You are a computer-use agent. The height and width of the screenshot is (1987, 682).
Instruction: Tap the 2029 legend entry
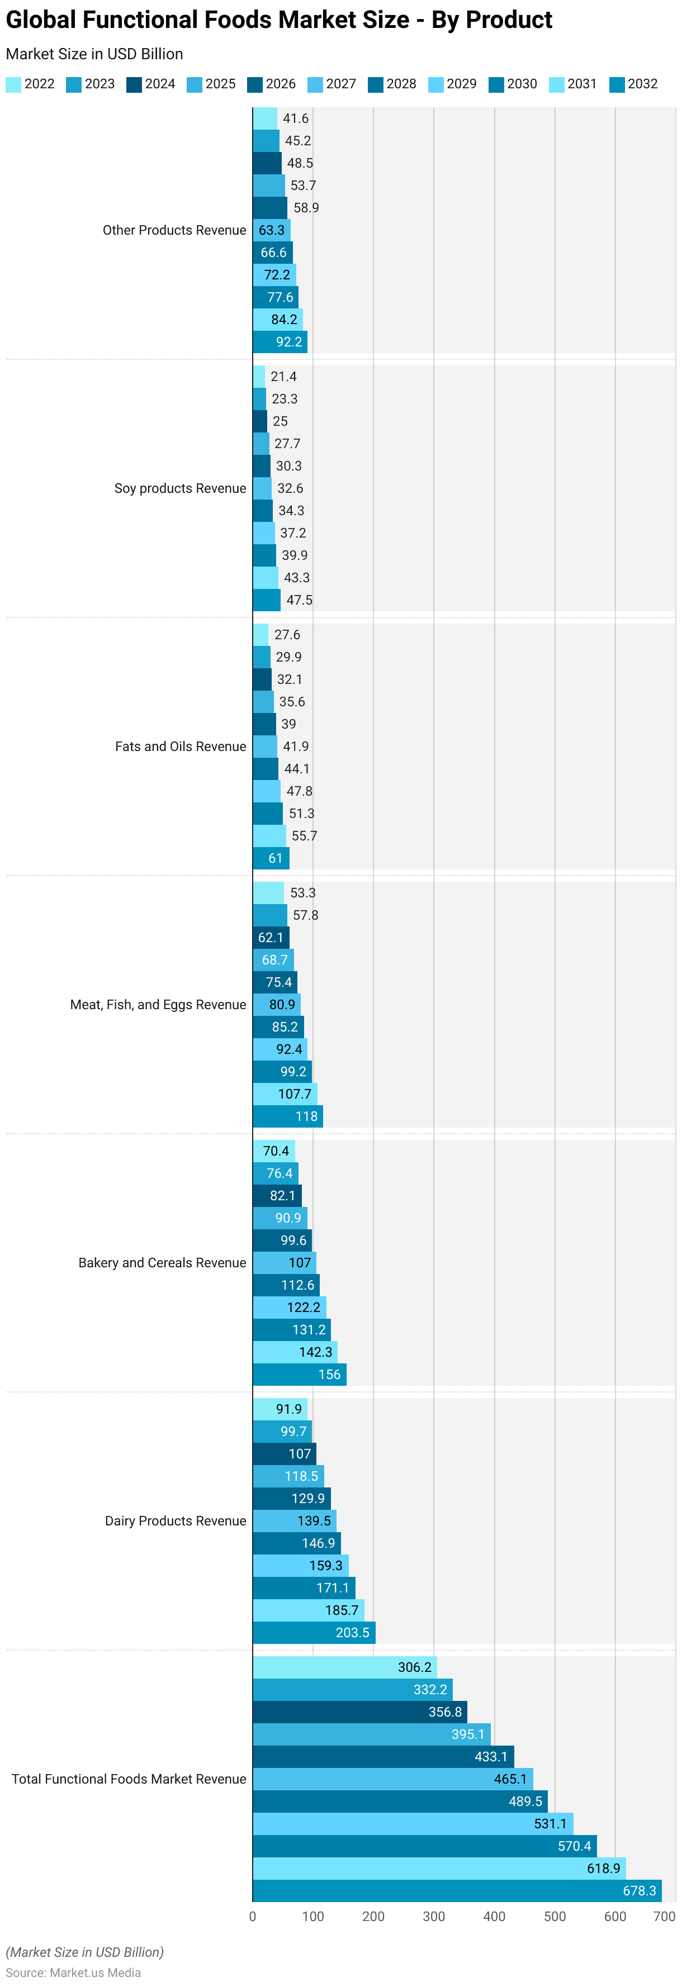tap(453, 84)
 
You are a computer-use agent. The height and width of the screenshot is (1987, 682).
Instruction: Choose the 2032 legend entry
tap(633, 84)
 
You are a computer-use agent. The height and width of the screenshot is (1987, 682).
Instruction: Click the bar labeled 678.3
tap(457, 1890)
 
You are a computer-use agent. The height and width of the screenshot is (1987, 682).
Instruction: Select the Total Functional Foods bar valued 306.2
tap(344, 1667)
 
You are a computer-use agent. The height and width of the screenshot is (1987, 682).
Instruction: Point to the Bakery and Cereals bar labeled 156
tap(299, 1375)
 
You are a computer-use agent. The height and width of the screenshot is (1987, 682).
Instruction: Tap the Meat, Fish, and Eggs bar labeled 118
tap(288, 1116)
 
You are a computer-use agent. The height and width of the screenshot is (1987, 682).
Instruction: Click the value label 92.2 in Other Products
tap(290, 342)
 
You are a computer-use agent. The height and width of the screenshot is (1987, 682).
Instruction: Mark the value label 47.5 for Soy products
tap(299, 600)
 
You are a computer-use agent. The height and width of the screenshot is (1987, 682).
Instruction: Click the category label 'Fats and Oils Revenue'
tap(181, 747)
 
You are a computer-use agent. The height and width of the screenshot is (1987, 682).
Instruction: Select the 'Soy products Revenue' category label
tap(180, 488)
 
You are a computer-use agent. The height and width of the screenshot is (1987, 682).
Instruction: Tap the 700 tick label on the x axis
tap(664, 1916)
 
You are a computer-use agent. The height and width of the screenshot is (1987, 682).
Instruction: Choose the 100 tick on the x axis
tap(313, 1916)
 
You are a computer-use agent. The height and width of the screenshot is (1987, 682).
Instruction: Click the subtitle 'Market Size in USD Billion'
tap(94, 54)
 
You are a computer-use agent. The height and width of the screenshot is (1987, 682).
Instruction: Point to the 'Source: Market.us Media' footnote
tap(73, 1972)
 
